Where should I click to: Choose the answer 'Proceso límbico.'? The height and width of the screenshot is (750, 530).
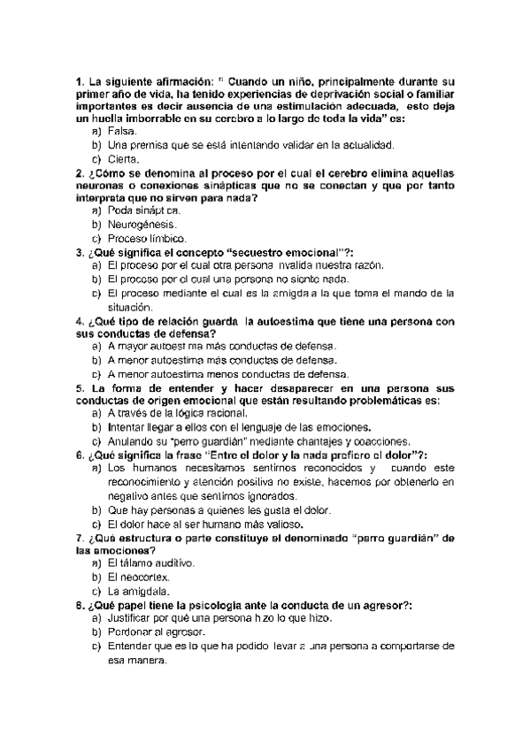(x=146, y=239)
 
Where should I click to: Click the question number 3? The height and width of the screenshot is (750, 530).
(x=81, y=252)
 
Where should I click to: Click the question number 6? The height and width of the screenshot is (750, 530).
(x=81, y=454)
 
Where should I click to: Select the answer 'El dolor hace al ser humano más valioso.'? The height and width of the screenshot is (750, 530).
(x=208, y=524)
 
